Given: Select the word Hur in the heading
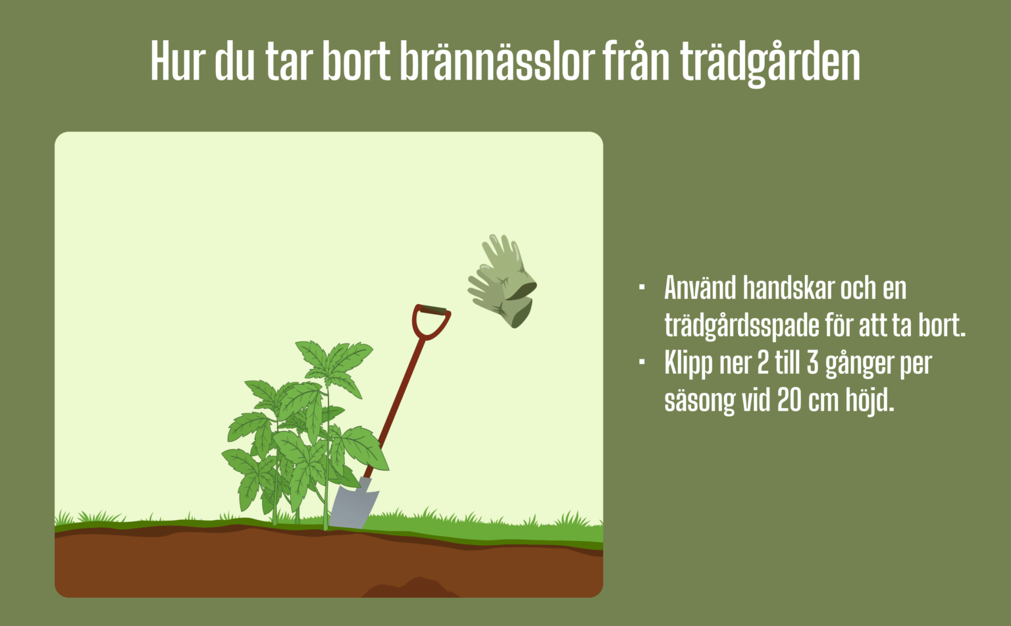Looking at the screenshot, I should [x=176, y=61].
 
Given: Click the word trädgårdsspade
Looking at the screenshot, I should [x=740, y=326].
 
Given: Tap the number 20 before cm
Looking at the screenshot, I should [x=790, y=400].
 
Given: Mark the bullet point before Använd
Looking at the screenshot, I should [x=642, y=288].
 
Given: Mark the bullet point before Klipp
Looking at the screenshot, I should [x=642, y=363].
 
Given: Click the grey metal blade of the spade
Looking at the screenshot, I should [x=353, y=504].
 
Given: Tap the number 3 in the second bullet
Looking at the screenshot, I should [x=813, y=363].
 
